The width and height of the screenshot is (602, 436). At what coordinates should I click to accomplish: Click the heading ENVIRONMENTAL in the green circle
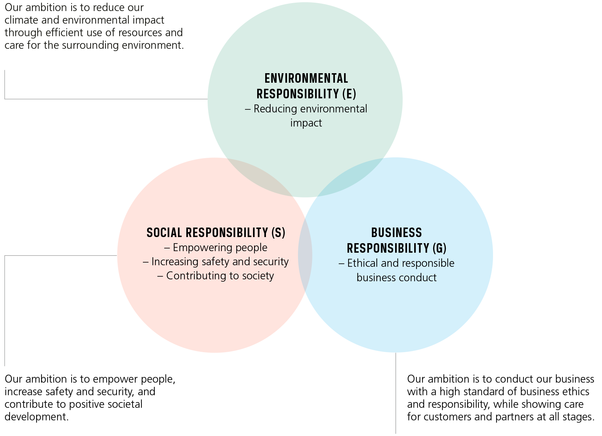click(x=306, y=79)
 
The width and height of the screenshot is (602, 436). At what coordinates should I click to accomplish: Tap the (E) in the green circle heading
click(x=349, y=94)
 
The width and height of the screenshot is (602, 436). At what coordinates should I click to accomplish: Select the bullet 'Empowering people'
click(x=220, y=248)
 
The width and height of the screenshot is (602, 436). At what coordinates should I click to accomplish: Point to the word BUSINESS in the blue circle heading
click(x=396, y=232)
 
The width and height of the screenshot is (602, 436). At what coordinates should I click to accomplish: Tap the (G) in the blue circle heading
click(x=439, y=248)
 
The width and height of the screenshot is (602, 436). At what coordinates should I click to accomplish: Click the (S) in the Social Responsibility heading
click(x=278, y=232)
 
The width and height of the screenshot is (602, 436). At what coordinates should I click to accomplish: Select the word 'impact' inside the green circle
click(x=306, y=123)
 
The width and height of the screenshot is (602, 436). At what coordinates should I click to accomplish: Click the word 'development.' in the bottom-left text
click(x=37, y=417)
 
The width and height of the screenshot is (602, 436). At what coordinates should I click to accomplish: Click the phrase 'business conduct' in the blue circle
click(x=396, y=278)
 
